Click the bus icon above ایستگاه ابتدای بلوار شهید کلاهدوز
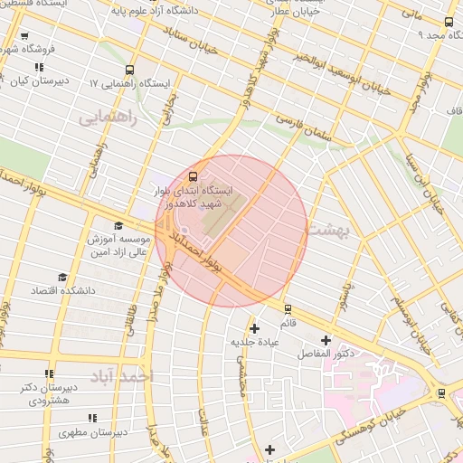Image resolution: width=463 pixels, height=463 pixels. (x=193, y=176)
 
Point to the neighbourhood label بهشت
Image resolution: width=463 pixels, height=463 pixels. (x=326, y=230)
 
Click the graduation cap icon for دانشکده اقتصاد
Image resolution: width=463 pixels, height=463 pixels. (x=62, y=277)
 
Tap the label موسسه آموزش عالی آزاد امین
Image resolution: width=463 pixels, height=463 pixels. (x=117, y=245)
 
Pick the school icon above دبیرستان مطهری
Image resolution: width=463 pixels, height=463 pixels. (x=90, y=418)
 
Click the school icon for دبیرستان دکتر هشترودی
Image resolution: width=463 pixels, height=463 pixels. (x=49, y=373)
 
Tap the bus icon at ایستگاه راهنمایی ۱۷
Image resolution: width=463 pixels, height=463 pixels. (x=130, y=69)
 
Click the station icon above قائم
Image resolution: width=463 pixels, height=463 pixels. (x=288, y=308)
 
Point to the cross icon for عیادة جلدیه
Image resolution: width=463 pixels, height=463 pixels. (x=254, y=328)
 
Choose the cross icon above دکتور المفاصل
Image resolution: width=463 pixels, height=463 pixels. (x=326, y=341)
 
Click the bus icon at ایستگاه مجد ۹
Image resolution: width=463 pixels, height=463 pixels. (x=449, y=23)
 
